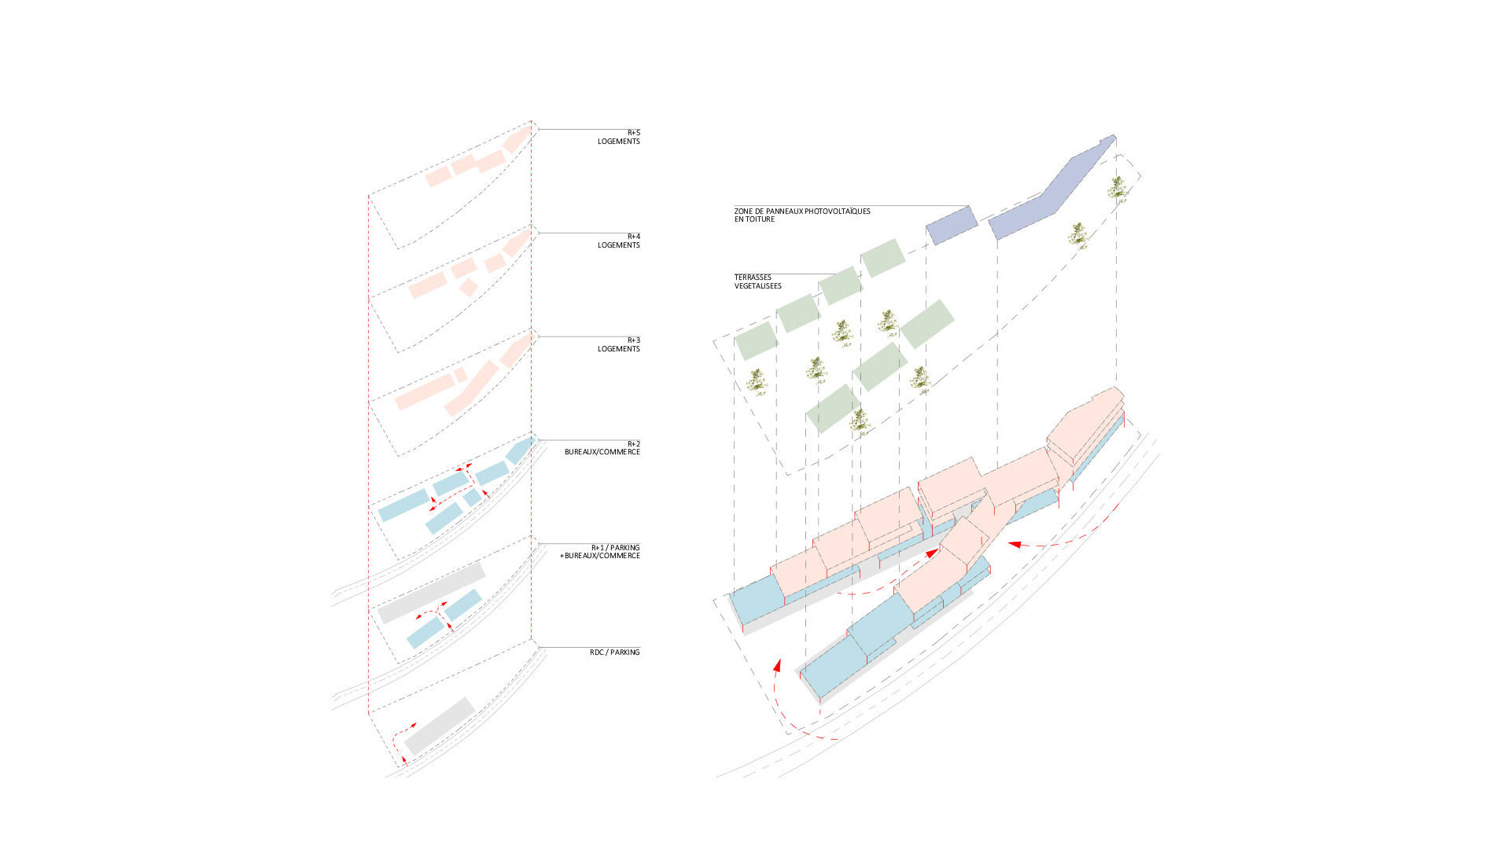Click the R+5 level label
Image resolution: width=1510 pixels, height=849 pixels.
pyautogui.click(x=633, y=133)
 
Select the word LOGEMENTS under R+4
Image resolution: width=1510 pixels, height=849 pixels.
pyautogui.click(x=618, y=245)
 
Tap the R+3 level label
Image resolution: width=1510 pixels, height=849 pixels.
pyautogui.click(x=633, y=340)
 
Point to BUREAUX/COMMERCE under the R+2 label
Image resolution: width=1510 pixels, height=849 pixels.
pyautogui.click(x=602, y=452)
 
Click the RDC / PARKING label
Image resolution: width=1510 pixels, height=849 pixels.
pyautogui.click(x=614, y=652)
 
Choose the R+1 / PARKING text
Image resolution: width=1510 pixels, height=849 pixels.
pyautogui.click(x=615, y=548)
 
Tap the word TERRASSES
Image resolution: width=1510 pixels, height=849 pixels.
pyautogui.click(x=753, y=277)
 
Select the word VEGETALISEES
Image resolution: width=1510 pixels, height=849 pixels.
pyautogui.click(x=757, y=286)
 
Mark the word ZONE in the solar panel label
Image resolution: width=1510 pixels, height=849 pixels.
pyautogui.click(x=743, y=211)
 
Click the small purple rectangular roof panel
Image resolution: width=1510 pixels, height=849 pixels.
pyautogui.click(x=952, y=225)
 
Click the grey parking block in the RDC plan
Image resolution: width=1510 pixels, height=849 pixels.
pyautogui.click(x=440, y=726)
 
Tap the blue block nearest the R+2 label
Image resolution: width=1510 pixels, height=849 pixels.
pyautogui.click(x=520, y=450)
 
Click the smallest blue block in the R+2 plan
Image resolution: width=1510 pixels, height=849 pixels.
pyautogui.click(x=472, y=498)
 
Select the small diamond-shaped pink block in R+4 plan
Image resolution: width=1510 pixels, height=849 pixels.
pyautogui.click(x=468, y=287)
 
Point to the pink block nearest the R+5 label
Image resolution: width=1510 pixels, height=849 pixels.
pyautogui.click(x=516, y=140)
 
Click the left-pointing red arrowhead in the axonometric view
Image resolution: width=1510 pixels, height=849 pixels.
pyautogui.click(x=1015, y=544)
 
